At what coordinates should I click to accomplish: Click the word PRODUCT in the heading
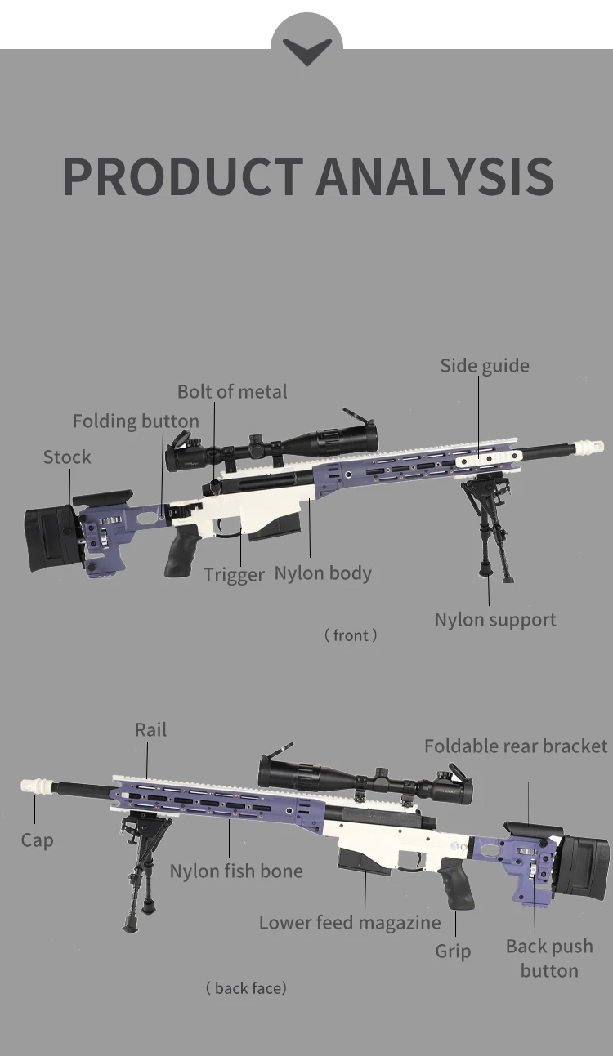tap(183, 176)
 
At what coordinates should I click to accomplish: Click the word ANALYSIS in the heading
tap(435, 176)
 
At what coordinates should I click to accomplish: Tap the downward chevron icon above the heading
tap(306, 51)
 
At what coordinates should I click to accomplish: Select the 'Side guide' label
tap(485, 366)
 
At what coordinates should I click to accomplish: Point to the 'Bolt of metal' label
tap(232, 392)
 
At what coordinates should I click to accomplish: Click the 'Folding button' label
tap(136, 421)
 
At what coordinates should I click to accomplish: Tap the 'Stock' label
tap(67, 457)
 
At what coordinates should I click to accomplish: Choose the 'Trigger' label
tap(234, 575)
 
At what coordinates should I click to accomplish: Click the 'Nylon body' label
tap(323, 573)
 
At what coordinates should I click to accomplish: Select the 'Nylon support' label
tap(495, 620)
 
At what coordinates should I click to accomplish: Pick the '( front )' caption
tap(351, 635)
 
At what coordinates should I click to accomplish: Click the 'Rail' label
tap(150, 730)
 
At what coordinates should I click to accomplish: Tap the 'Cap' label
tap(37, 840)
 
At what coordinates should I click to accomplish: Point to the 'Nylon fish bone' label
tap(236, 871)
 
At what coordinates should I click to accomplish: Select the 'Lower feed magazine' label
tap(350, 923)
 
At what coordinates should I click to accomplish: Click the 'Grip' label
tap(453, 951)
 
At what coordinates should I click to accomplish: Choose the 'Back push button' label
tap(549, 958)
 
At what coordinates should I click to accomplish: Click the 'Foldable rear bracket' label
tap(516, 746)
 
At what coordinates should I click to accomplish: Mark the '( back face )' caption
tap(246, 989)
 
